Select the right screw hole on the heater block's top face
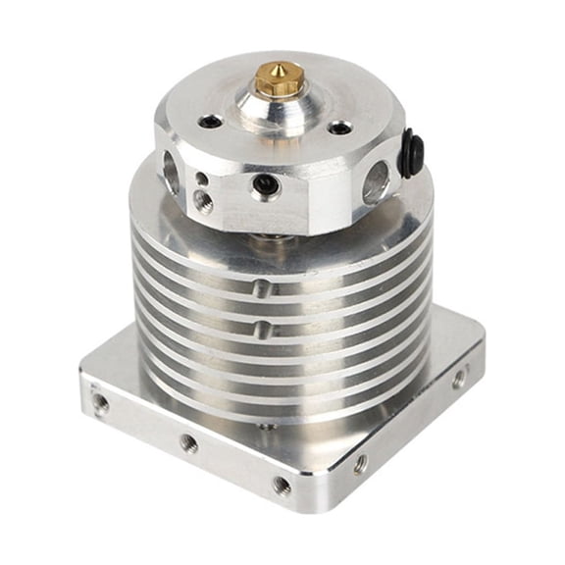pyautogui.click(x=338, y=128)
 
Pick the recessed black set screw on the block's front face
pyautogui.click(x=264, y=183)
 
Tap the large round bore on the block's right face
pyautogui.click(x=375, y=182)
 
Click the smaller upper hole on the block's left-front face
pyautogui.click(x=201, y=180)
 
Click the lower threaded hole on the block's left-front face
pyautogui.click(x=203, y=200)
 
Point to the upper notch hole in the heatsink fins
pyautogui.click(x=259, y=289)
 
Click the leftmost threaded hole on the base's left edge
pyautogui.click(x=100, y=402)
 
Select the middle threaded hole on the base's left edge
pyautogui.click(x=188, y=443)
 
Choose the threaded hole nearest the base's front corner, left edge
pyautogui.click(x=282, y=485)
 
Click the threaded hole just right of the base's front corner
pyautogui.click(x=361, y=462)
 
